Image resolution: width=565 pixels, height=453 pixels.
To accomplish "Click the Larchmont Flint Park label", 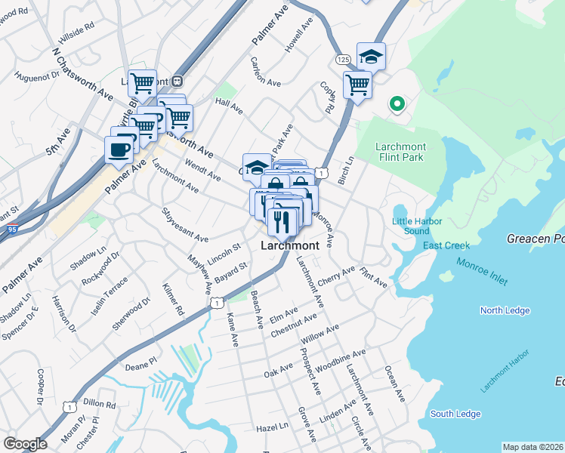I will coord(401,152).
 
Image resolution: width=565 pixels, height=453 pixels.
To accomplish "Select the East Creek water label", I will coord(446,245).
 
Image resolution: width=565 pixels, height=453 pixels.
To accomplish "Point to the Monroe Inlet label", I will coord(482,270).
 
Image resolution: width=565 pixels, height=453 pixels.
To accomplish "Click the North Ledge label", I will coord(505,310).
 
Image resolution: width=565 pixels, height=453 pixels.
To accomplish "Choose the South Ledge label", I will coord(455,414).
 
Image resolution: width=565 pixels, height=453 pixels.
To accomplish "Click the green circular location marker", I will coord(395,104).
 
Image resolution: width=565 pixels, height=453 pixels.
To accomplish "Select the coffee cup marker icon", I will coord(118,148).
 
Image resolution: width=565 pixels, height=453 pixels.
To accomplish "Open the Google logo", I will coord(25,444).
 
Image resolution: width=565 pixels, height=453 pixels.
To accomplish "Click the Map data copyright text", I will coord(533,447).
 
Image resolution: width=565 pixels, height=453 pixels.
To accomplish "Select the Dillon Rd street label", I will coord(99,403).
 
